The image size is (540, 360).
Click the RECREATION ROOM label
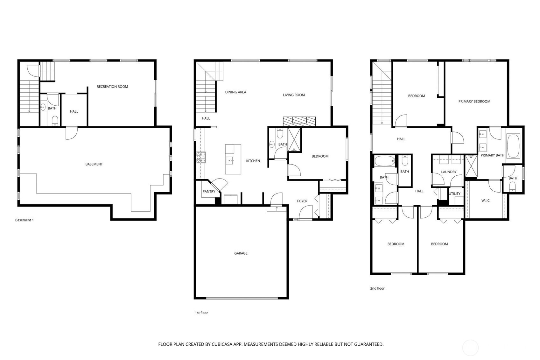pyautogui.click(x=112, y=87)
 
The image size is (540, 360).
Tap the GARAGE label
pyautogui.click(x=241, y=253)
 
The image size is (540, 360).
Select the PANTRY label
pyautogui.click(x=209, y=191)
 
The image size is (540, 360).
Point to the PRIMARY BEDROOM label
pyautogui.click(x=474, y=102)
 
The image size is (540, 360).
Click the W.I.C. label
pyautogui.click(x=486, y=201)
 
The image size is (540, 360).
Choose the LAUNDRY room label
pyautogui.click(x=449, y=172)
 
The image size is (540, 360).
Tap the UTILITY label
pyautogui.click(x=455, y=194)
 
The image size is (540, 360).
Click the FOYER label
pyautogui.click(x=302, y=201)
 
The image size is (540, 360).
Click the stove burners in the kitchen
pyautogui.click(x=201, y=158)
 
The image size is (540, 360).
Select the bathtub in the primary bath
pyautogui.click(x=513, y=146)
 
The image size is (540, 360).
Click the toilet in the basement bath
pyautogui.click(x=55, y=121)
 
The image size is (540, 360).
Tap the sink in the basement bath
pyautogui.click(x=43, y=107)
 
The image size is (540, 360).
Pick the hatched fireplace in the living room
pyautogui.click(x=299, y=122)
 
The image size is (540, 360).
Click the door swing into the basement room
pyautogui.click(x=72, y=133)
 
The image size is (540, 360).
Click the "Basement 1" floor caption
pyautogui.click(x=25, y=220)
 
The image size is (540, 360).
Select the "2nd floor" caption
pyautogui.click(x=377, y=288)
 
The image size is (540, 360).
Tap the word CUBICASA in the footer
pyautogui.click(x=222, y=344)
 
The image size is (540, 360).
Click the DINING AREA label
pyautogui.click(x=235, y=92)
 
